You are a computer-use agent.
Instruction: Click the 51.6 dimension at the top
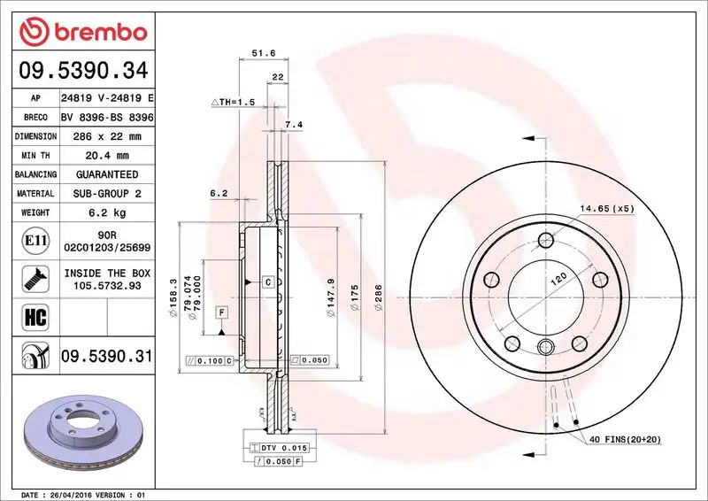(258, 54)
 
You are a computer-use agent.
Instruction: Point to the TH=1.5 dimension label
(233, 103)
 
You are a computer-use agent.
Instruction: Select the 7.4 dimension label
(294, 125)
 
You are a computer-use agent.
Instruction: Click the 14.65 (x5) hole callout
(607, 209)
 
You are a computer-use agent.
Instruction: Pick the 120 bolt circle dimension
(558, 280)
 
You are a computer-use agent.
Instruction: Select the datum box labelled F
(219, 312)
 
